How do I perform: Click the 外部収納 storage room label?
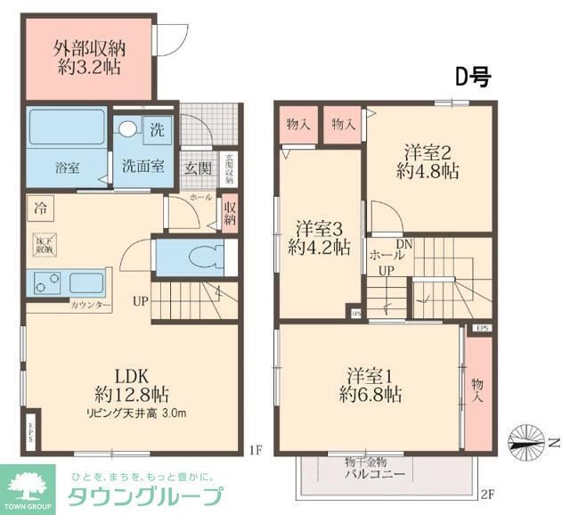coord(86,47)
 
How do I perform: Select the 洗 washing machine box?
coord(157,128)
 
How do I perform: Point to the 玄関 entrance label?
coord(198,167)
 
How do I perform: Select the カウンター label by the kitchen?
coord(91,305)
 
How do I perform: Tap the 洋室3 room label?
coord(319,227)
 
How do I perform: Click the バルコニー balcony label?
coord(374,474)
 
